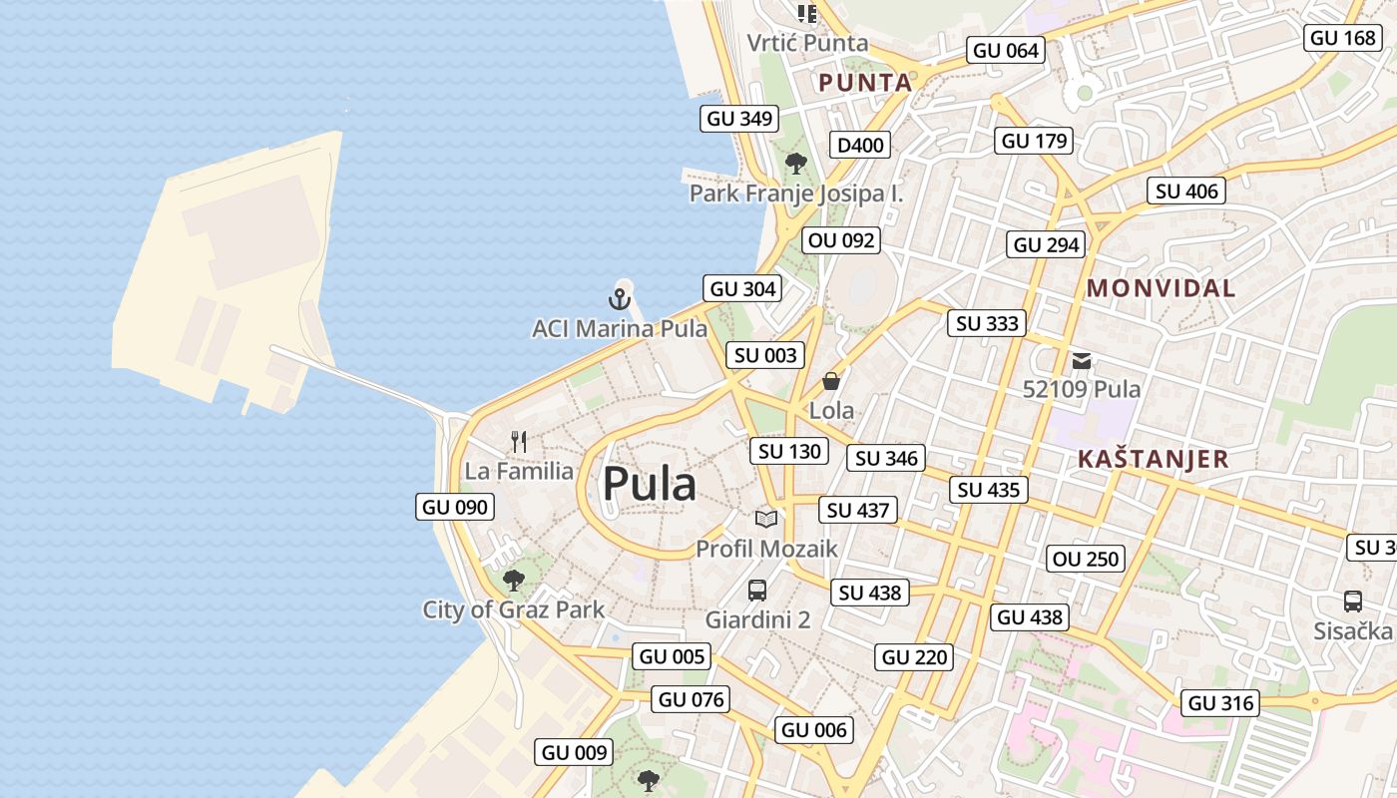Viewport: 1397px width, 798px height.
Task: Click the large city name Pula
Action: (x=649, y=485)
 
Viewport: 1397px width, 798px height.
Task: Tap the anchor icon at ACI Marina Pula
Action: (x=620, y=298)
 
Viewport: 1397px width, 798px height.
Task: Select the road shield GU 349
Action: (x=739, y=119)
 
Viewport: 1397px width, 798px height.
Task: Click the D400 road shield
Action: (x=860, y=146)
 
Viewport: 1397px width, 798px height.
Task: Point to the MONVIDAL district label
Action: (x=1161, y=289)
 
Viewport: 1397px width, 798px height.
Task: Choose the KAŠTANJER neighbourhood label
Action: (x=1153, y=460)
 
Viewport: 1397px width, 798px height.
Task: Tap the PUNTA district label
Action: (x=865, y=83)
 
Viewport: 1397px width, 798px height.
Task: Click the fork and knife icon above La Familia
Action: (x=519, y=441)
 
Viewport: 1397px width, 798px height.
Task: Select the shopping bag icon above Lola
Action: (x=831, y=381)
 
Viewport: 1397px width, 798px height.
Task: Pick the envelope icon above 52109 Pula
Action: (x=1082, y=361)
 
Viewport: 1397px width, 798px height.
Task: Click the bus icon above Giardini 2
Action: (x=757, y=590)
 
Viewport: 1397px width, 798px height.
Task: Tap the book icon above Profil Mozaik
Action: (x=766, y=519)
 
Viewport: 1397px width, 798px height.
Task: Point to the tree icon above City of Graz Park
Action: (x=513, y=580)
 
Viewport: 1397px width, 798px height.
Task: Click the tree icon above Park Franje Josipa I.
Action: (x=795, y=163)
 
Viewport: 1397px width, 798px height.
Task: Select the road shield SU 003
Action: (x=766, y=355)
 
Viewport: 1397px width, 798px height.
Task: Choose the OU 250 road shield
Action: (x=1086, y=559)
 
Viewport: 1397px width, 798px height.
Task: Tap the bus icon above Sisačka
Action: (x=1353, y=601)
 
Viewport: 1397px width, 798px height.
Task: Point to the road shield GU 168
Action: (x=1342, y=38)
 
